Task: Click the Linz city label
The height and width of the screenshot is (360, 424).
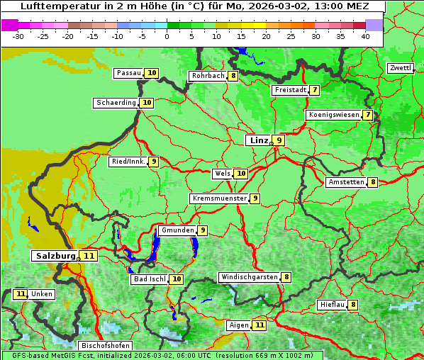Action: coord(259,140)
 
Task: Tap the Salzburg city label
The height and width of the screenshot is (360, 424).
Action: coord(54,255)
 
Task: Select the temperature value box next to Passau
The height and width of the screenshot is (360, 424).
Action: coord(152,73)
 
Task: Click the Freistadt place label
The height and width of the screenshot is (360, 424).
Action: coord(289,90)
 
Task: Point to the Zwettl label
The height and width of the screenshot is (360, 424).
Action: coord(400,68)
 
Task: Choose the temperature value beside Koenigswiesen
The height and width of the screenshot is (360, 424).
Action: coord(367,115)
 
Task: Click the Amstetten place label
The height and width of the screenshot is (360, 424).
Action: coord(345,182)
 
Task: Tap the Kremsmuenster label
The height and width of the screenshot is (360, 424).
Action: coord(218,198)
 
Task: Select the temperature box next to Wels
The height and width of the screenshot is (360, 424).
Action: coord(241,174)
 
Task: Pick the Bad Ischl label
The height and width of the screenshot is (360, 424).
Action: coord(149,279)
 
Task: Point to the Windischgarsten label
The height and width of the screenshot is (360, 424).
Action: coord(248,277)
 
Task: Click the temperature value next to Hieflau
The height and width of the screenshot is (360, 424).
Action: coord(353,305)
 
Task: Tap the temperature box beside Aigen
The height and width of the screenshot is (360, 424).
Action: coord(260,325)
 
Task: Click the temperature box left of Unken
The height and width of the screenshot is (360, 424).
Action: coord(21,294)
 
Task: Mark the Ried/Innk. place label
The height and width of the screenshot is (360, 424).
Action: coord(128,162)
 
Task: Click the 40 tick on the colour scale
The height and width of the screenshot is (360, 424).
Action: coord(365,36)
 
